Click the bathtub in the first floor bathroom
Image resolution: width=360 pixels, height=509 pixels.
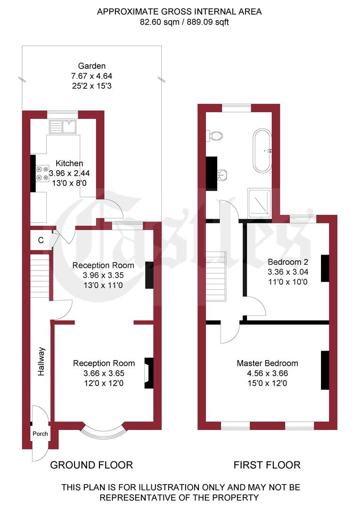tap(262, 151)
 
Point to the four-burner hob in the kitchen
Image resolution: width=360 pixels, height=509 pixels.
tap(43, 172)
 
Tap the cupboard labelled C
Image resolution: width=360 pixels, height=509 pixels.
tap(41, 240)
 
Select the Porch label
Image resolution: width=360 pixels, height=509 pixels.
tap(40, 434)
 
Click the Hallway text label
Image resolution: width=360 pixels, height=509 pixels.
tap(41, 361)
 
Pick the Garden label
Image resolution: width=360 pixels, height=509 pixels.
tap(92, 66)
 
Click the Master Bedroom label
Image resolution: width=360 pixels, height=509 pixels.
tap(267, 363)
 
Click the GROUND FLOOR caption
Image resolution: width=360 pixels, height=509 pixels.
tap(91, 465)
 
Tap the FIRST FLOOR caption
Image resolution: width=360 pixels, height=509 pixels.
tap(267, 465)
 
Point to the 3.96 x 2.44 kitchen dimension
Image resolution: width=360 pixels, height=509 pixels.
tap(69, 173)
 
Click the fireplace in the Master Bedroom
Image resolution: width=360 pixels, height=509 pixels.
tap(325, 370)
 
